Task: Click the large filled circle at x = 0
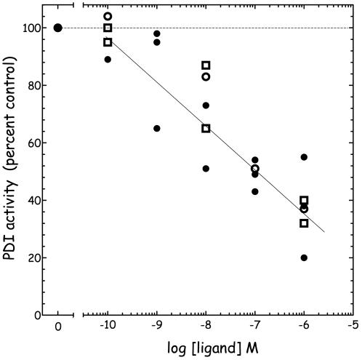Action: (x=58, y=28)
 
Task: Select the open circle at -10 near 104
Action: (x=108, y=16)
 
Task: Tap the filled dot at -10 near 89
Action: (x=108, y=60)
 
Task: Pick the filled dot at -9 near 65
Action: (x=156, y=128)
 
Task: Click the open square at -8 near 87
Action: (x=206, y=65)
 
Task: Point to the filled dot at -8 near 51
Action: (x=206, y=169)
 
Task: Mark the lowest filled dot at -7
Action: (x=254, y=191)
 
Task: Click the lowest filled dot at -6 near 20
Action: (x=304, y=257)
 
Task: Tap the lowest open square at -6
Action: (x=304, y=223)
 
